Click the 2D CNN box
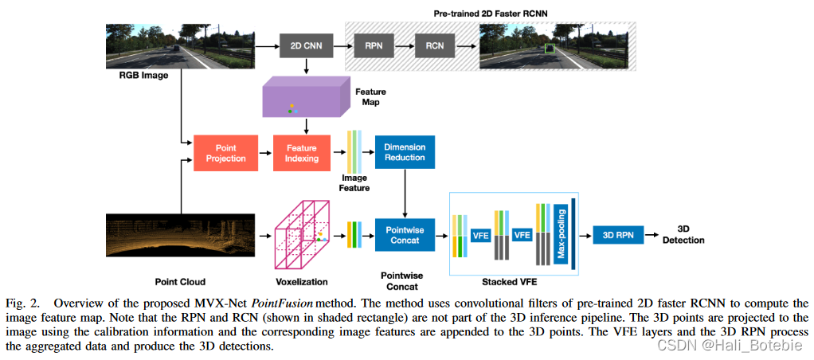point(307,46)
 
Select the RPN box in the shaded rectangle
point(374,46)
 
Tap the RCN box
point(434,46)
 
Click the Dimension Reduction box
point(405,153)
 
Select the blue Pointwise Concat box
point(405,236)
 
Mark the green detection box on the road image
point(549,49)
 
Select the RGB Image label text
point(135,78)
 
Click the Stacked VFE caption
point(504,281)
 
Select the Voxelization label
point(301,281)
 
